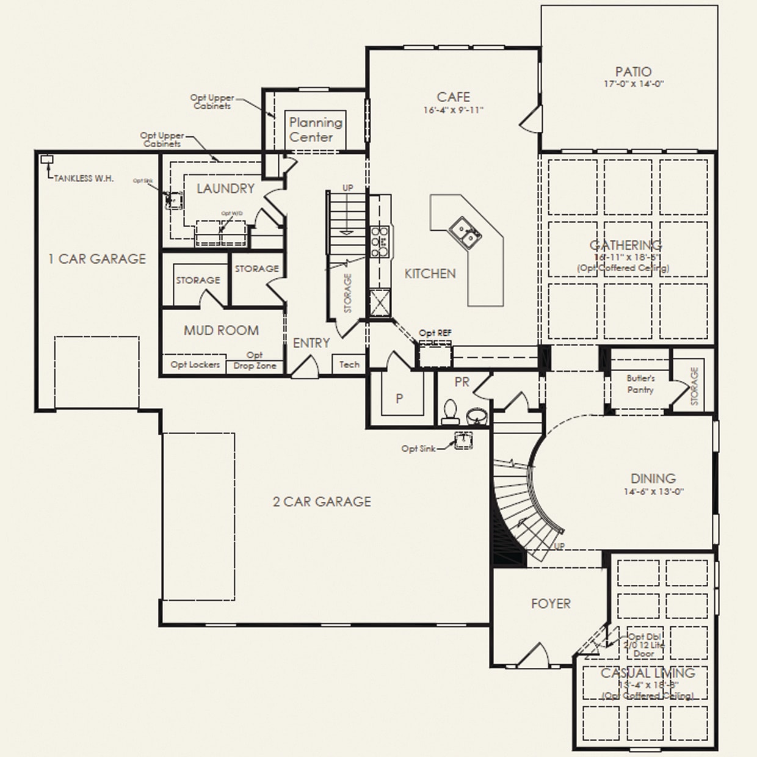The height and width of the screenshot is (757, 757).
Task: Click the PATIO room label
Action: click(x=633, y=72)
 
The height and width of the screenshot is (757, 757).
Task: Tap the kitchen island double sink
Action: click(x=466, y=233)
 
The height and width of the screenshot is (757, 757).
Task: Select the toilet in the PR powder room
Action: click(x=450, y=412)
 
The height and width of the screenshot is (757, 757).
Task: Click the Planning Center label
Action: click(x=315, y=129)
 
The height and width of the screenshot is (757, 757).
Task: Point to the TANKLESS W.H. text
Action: click(x=84, y=178)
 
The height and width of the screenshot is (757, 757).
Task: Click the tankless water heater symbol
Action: click(x=46, y=160)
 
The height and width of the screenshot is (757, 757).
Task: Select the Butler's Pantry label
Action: click(x=640, y=384)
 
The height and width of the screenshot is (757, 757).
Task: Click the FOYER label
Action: click(x=551, y=603)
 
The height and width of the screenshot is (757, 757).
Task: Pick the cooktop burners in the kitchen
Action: click(x=380, y=240)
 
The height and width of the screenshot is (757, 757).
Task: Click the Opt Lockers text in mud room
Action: click(x=195, y=364)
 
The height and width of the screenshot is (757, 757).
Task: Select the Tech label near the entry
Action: click(x=349, y=364)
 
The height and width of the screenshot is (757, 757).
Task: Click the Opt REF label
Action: click(x=435, y=333)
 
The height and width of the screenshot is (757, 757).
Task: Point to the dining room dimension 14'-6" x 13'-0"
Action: click(x=653, y=491)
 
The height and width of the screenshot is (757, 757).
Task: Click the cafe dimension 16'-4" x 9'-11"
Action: click(x=452, y=110)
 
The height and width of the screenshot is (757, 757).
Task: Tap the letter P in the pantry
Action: click(x=399, y=399)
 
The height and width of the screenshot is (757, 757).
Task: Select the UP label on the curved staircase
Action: click(x=559, y=546)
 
